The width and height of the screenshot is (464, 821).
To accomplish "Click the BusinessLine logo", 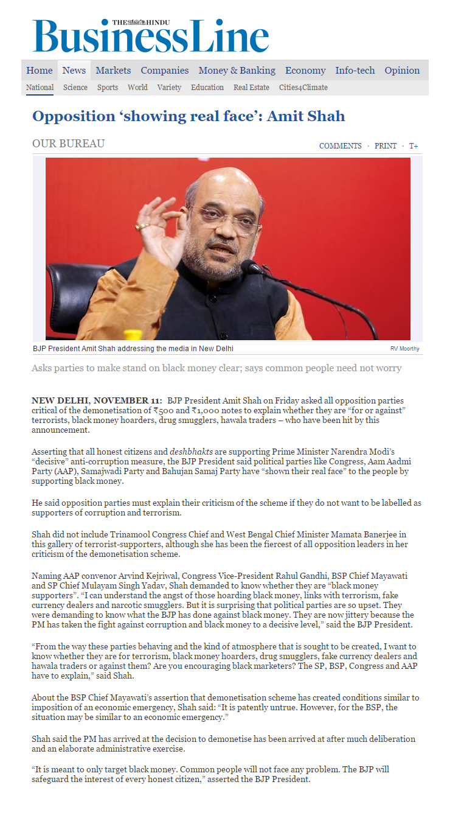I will pos(150,37).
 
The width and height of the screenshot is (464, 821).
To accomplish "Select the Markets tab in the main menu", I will pos(113,71).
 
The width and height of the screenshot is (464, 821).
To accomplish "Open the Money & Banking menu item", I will pos(237,71).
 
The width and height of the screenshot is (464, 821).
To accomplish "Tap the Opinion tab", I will pos(401,71).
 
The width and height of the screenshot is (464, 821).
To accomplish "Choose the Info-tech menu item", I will pos(355,71).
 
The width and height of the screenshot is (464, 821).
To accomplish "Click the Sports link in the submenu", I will pos(108,88).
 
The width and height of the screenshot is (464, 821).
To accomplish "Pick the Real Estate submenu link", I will pos(251,88).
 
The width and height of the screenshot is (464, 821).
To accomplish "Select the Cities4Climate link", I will pos(303,88).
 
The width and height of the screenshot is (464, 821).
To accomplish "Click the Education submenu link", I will pos(207,88).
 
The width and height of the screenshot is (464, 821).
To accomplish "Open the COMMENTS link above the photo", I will pos(340,146).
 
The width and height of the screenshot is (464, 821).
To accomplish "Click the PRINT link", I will pos(386,146).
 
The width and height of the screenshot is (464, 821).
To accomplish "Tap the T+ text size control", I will pos(414,146).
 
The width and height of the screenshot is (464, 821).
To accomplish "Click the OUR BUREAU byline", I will pos(68,144).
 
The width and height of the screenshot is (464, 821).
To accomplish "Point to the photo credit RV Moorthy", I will pos(404,349).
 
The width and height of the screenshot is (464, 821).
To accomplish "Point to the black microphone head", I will pos(251,267).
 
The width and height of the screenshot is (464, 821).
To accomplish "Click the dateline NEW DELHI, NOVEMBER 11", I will pos(97,400).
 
